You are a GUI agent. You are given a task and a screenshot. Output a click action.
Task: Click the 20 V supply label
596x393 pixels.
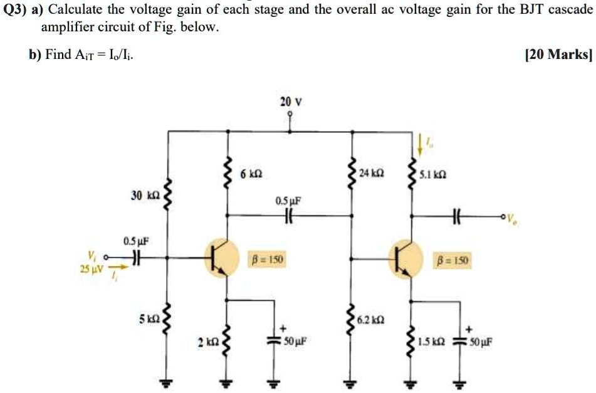290,102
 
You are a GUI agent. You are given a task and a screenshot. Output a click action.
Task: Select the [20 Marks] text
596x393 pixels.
557,55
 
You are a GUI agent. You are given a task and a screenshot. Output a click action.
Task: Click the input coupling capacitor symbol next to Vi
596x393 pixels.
133,257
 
